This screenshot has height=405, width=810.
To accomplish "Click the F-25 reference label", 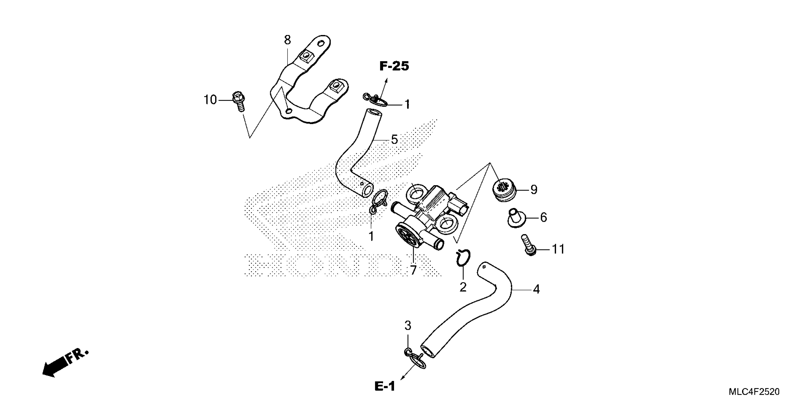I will pos(394,66).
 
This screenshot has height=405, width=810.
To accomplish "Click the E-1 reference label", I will pos(385,386).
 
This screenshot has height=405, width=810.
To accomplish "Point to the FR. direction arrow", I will pos(65,363).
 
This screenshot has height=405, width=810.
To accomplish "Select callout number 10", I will pos(210,100).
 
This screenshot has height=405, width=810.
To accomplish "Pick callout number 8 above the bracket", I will pos(287,40).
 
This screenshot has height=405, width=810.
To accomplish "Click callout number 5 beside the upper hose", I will pos(394,139).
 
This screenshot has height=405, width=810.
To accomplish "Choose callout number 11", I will pos(558,249).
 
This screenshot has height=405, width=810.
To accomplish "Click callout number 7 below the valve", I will pos(413,270).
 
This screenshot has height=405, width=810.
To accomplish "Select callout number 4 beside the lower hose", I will pos(536,289).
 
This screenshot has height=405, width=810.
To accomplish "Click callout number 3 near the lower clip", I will pos(408,326).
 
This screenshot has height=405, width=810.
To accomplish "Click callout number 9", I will pos(534,190).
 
